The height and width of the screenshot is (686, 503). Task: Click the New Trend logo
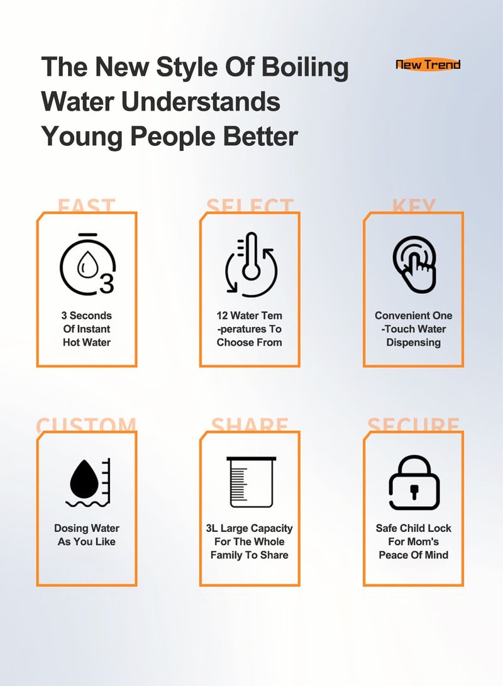tap(428, 64)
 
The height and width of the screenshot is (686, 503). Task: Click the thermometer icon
tap(251, 264)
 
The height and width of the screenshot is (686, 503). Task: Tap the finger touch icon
tap(414, 265)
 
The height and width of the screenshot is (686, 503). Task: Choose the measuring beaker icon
tap(250, 482)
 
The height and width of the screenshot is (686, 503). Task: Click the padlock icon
tap(414, 483)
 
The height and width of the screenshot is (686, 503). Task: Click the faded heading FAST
tap(86, 206)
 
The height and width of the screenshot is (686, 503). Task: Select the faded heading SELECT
tap(250, 206)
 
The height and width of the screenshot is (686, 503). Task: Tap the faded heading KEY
tap(414, 206)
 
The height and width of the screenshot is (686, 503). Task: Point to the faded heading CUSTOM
tap(86, 425)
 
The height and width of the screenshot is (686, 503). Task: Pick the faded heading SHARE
tap(250, 425)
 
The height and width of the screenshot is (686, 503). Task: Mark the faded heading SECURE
tap(414, 425)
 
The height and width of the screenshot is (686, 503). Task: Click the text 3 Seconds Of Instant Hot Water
tap(87, 329)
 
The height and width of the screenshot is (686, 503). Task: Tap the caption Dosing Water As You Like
tap(87, 535)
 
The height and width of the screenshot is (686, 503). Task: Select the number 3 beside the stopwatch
tap(107, 284)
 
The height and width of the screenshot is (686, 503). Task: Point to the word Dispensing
tap(413, 343)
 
